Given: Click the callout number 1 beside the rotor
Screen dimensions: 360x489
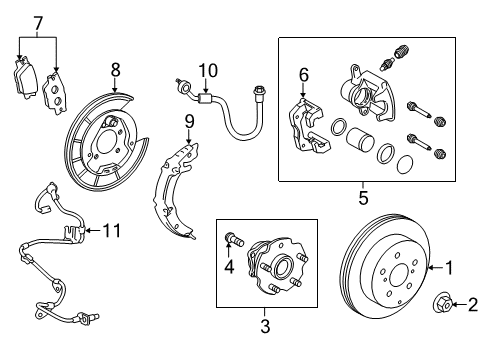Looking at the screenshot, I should click(x=449, y=267).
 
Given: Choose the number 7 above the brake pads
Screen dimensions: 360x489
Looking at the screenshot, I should click(x=37, y=22).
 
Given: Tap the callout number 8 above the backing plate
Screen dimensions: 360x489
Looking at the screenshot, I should click(x=115, y=70).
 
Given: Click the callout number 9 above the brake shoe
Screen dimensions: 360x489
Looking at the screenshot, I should click(x=187, y=122).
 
